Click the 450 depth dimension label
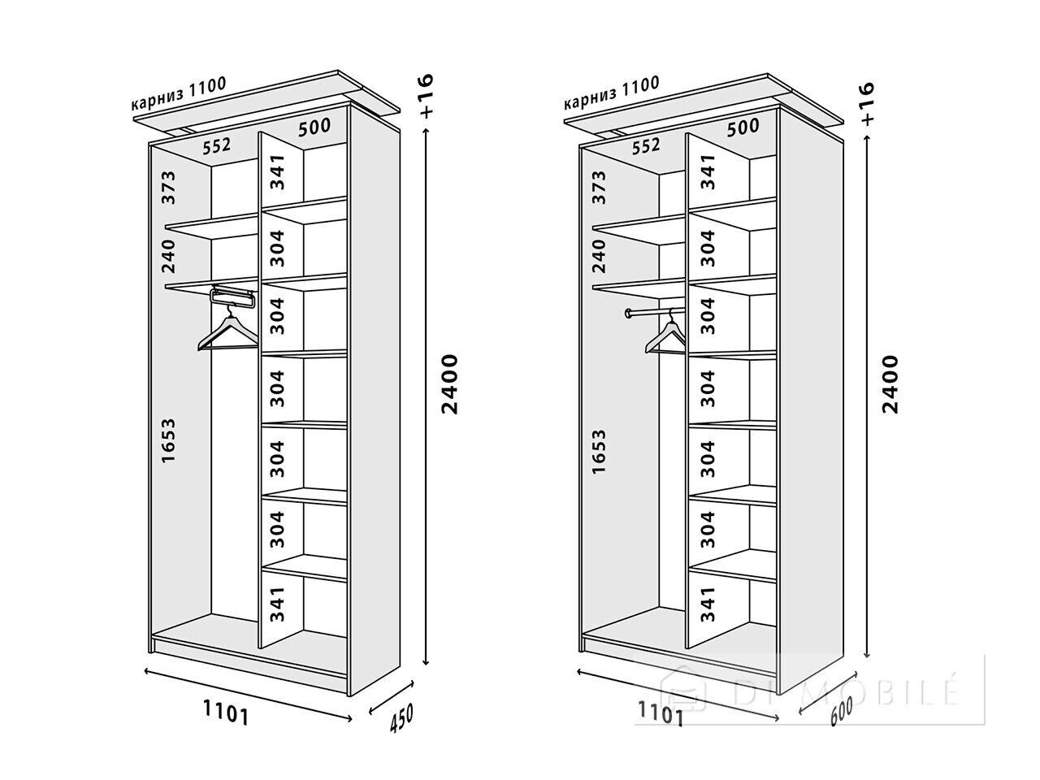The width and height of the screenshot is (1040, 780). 401,718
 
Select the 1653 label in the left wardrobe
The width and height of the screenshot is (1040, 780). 168,441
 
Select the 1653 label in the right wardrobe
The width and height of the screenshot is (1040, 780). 599,451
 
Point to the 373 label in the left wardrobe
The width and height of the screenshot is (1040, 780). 168,188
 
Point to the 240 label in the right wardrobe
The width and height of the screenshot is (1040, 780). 599,256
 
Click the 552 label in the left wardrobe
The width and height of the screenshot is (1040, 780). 216,146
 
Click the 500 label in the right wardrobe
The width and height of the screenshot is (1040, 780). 743,128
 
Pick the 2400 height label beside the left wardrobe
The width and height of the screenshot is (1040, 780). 449,384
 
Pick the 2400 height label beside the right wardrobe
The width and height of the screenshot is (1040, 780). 890,384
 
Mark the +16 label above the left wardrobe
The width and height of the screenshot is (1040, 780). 426,96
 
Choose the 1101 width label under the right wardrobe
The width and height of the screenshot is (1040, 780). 661,713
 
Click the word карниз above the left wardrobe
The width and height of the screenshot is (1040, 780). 158,101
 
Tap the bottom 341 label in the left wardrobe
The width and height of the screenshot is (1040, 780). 277,604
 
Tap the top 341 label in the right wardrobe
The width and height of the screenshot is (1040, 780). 708,171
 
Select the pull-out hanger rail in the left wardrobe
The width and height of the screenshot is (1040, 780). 233,297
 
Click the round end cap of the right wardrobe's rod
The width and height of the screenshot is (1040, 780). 629,313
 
